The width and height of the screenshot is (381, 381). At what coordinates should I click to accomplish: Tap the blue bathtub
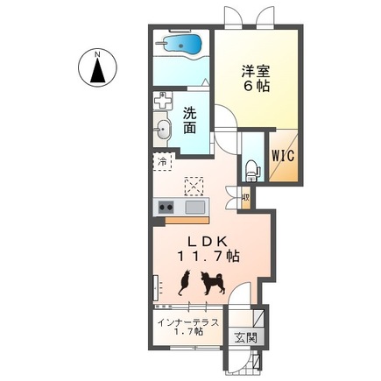pyautogui.click(x=181, y=44)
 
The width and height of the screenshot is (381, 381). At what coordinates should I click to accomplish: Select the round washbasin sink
pyautogui.click(x=163, y=132)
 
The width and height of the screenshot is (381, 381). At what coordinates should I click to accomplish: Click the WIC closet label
pyautogui.click(x=282, y=158)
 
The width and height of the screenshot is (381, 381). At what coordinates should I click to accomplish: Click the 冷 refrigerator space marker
pyautogui.click(x=162, y=162)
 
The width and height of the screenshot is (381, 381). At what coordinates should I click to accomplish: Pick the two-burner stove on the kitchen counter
pyautogui.click(x=165, y=207)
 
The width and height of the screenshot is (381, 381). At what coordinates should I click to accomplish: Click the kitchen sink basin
pyautogui.click(x=194, y=207)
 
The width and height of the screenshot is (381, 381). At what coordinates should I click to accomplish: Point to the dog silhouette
pyautogui.click(x=211, y=282)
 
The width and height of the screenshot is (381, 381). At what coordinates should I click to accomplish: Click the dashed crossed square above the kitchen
pyautogui.click(x=194, y=185)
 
